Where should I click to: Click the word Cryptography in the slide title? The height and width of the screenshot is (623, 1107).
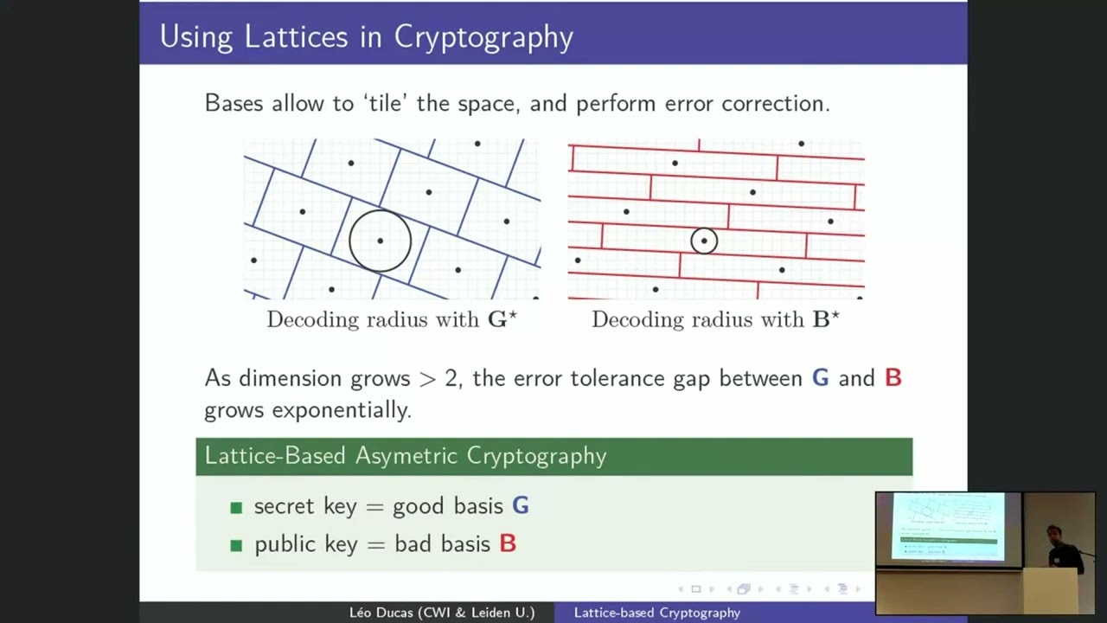coord(483,37)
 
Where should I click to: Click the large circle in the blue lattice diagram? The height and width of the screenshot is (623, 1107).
coord(380,241)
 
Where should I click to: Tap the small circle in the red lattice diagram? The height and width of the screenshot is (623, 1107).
coord(704,241)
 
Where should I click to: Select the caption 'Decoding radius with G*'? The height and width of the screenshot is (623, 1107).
coord(392,319)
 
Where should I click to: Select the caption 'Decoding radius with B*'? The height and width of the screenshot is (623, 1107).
coord(715,319)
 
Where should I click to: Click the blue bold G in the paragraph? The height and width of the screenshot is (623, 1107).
coord(820,378)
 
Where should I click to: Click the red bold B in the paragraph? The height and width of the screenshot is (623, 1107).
coord(893,378)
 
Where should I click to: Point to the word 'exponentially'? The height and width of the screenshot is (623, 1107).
coord(341,409)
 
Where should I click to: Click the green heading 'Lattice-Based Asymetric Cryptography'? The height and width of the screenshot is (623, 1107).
coord(406,456)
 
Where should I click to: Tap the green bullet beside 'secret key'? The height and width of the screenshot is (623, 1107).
coord(236,508)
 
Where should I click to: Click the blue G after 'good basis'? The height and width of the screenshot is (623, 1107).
coord(520,506)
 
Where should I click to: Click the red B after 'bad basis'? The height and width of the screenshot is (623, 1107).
coord(508,544)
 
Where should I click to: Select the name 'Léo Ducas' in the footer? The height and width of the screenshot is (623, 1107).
coord(381,613)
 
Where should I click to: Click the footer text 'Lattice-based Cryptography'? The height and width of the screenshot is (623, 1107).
coord(657,613)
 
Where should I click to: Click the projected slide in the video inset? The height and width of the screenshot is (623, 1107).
coord(949,527)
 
